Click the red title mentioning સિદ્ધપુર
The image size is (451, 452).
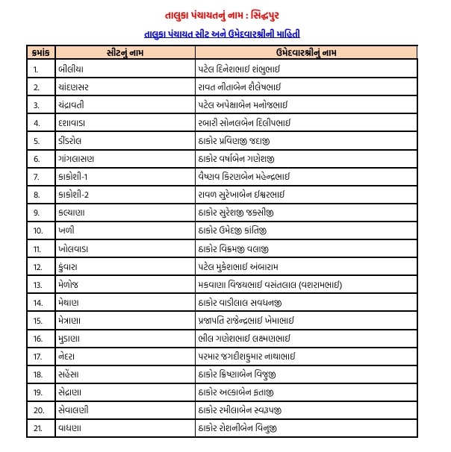225,15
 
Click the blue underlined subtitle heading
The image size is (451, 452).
225,34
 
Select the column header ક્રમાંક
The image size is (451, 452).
41,52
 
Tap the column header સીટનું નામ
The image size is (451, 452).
123,52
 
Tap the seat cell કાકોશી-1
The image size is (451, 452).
75,177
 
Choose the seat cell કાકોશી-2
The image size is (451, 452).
75,195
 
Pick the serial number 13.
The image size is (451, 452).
38,284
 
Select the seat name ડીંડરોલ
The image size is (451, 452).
73,141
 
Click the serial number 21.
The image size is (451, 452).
38,427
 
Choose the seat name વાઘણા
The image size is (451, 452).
71,427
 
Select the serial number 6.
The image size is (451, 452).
37,159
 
